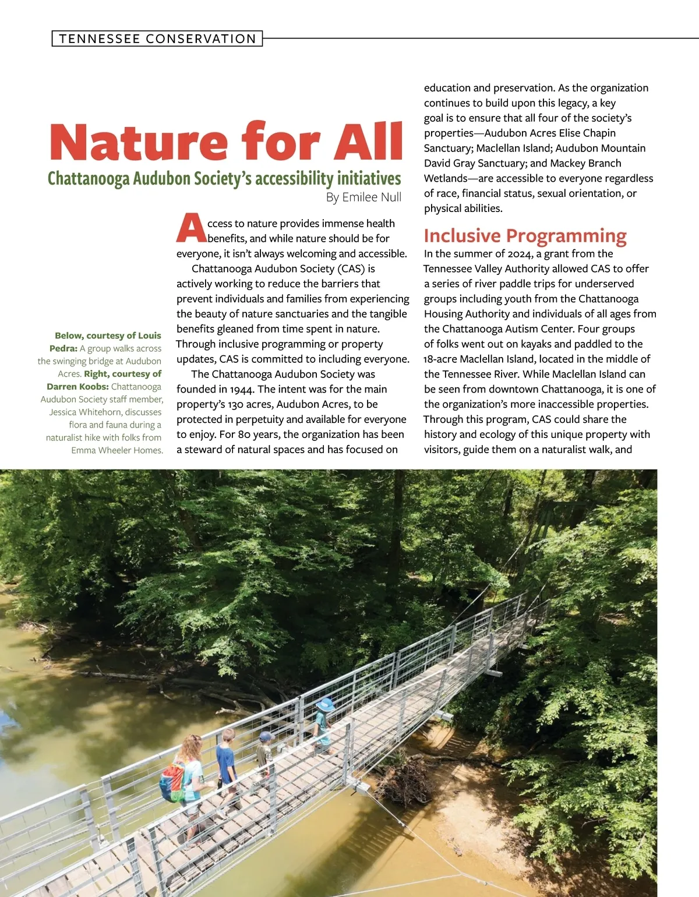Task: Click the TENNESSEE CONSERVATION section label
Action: point(157,39)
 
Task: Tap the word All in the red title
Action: point(368,142)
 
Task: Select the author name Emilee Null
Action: point(372,197)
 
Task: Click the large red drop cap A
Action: point(190,228)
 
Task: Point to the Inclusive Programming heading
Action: point(525,236)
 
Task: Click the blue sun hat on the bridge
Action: point(324,704)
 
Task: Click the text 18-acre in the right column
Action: point(441,359)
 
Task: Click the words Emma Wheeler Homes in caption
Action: point(116,450)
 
